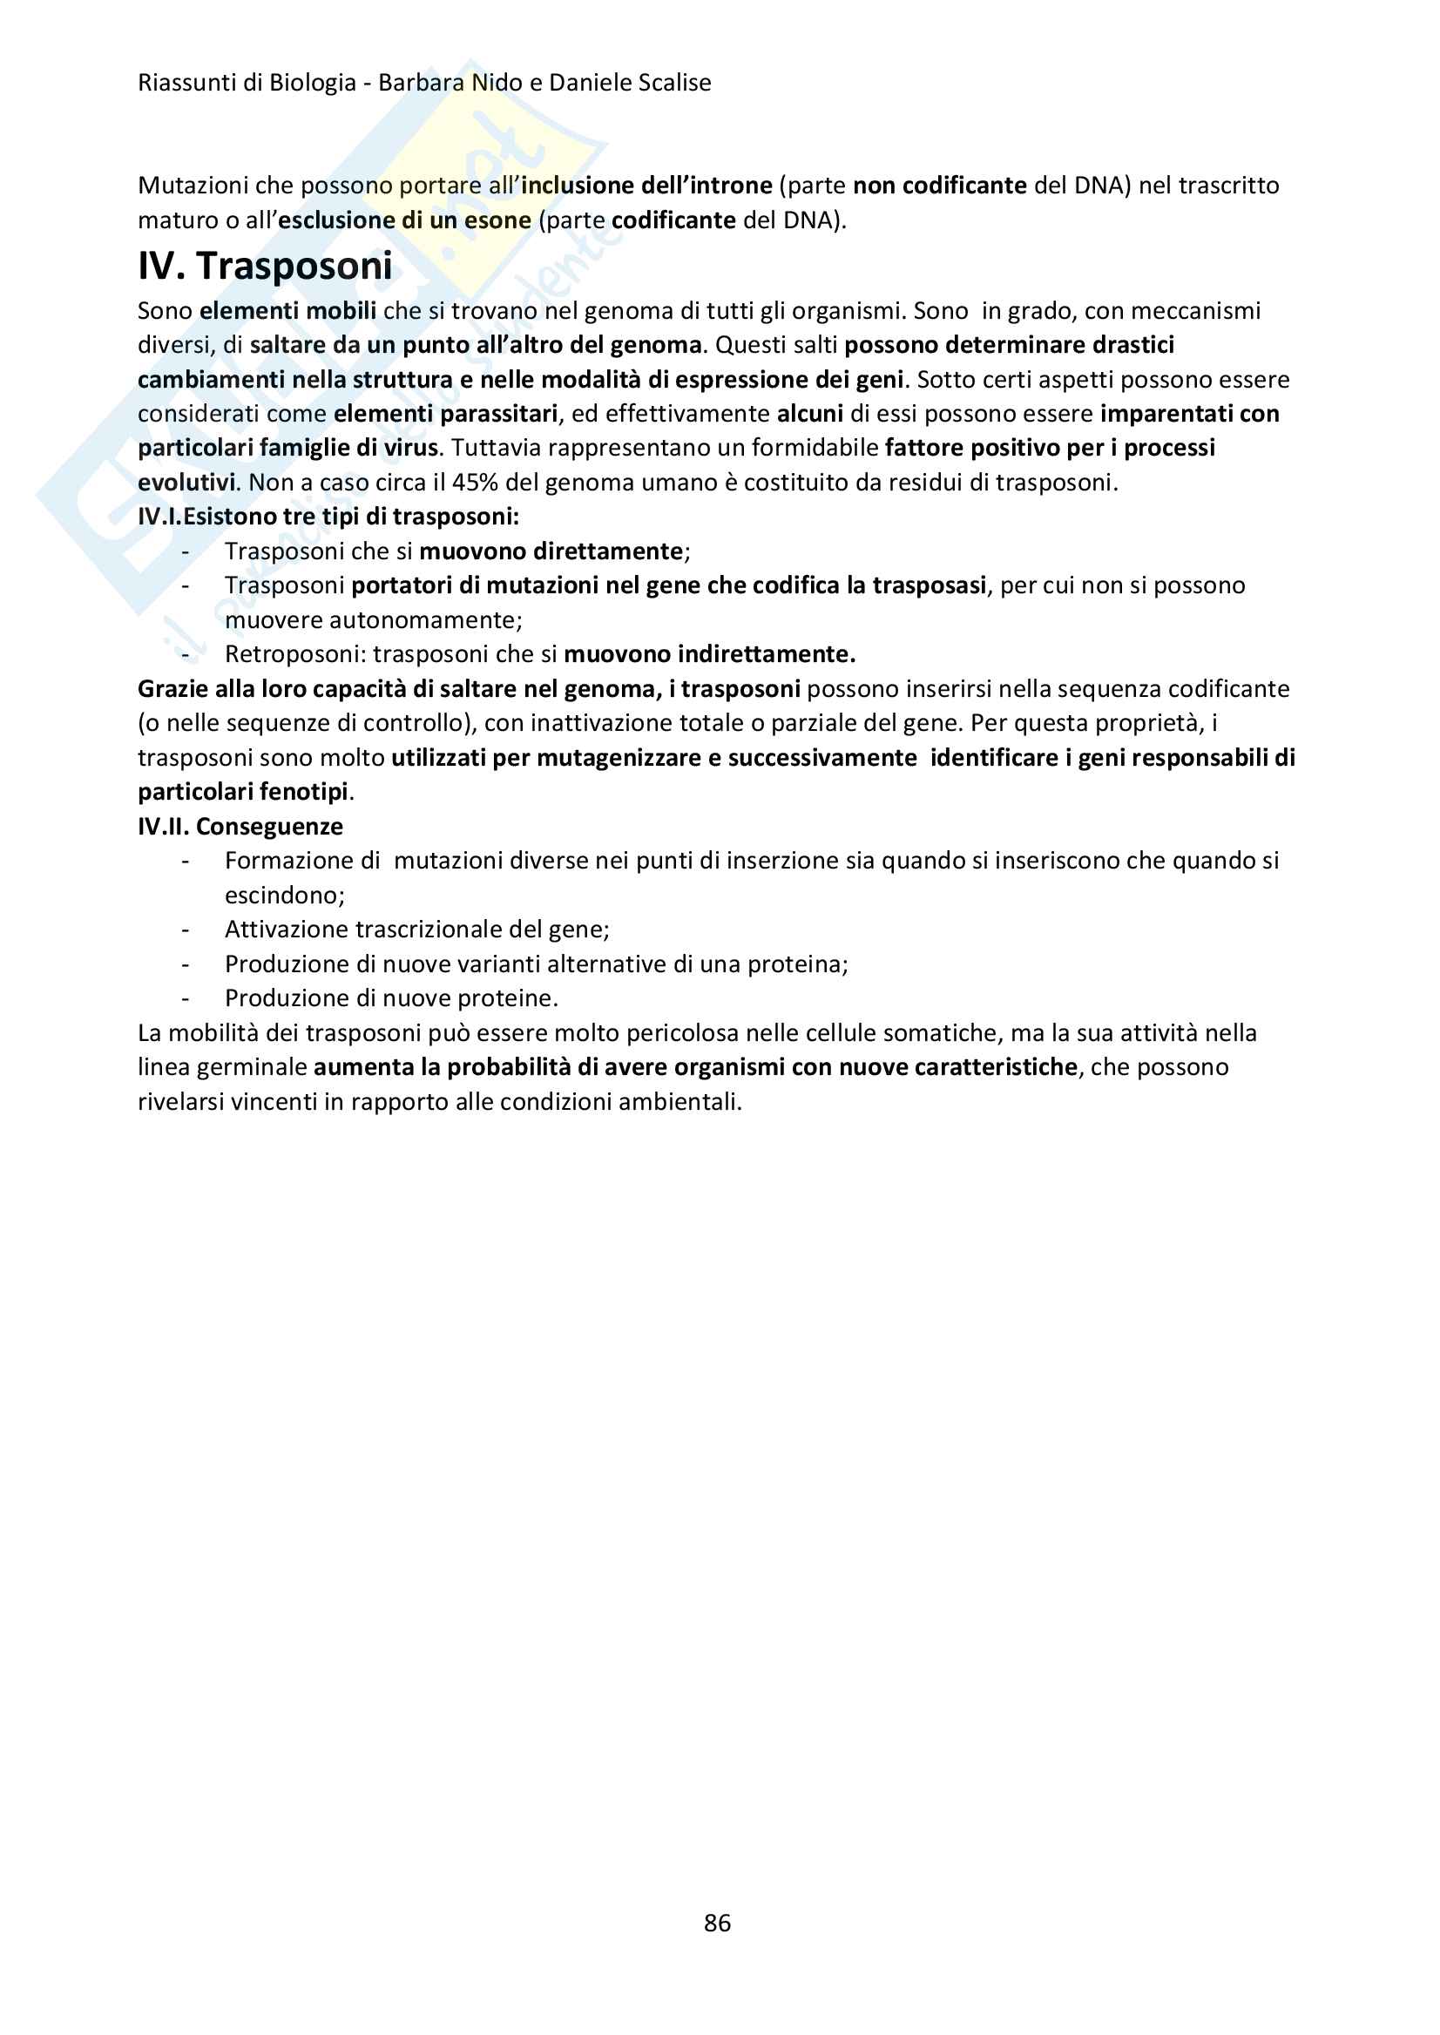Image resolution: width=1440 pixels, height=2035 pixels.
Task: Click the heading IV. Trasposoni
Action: click(x=264, y=266)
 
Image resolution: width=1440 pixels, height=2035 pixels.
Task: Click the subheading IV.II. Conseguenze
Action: click(x=240, y=827)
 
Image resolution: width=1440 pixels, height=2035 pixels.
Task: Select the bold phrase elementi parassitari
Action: click(x=445, y=414)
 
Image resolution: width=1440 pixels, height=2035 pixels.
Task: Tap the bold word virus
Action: click(x=410, y=448)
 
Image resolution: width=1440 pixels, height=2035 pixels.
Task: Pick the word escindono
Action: click(x=284, y=896)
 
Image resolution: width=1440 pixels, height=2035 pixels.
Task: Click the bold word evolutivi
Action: click(x=186, y=483)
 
